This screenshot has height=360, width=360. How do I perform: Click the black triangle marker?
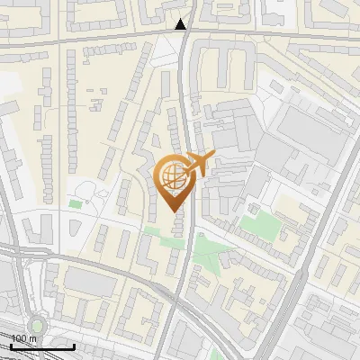[182, 24]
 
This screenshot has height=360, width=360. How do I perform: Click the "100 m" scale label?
[23, 339]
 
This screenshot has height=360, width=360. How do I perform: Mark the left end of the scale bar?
[11, 346]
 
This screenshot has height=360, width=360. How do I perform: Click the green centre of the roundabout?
[36, 325]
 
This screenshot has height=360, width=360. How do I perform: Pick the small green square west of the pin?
[75, 204]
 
